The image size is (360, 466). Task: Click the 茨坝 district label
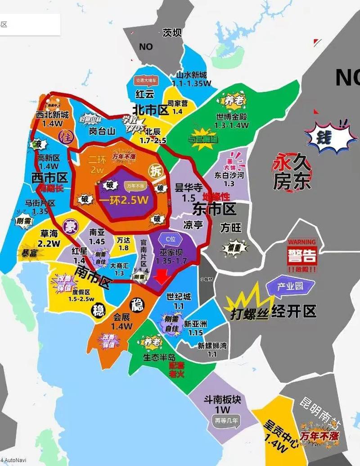171,33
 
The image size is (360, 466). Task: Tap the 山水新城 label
191,76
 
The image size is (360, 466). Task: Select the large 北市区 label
150,109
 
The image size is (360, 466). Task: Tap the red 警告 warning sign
302,257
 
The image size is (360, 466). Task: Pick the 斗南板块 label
222,399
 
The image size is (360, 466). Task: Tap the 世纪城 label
178,297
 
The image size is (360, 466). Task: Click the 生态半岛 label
159,357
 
